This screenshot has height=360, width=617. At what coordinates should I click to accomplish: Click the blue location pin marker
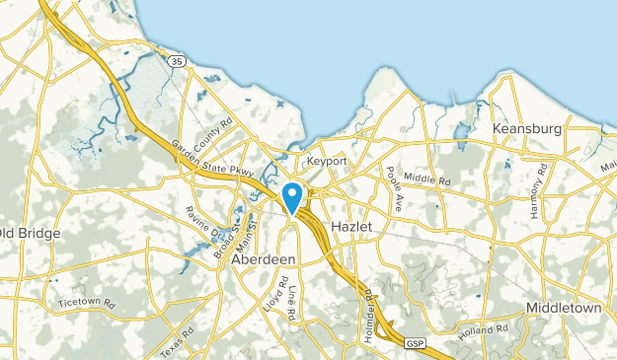293,197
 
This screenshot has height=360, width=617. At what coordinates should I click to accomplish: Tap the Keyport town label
327,160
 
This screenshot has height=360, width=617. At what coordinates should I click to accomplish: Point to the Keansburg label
526,129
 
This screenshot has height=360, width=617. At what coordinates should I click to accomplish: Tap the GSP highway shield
415,341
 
